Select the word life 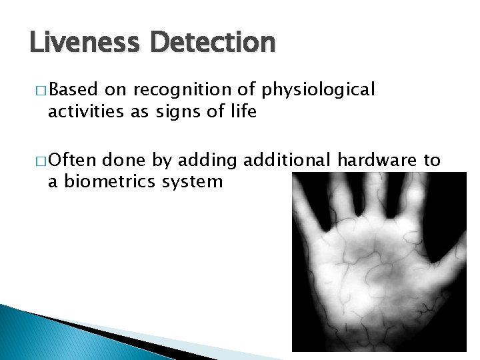click(242, 111)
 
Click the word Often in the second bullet click(73, 160)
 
